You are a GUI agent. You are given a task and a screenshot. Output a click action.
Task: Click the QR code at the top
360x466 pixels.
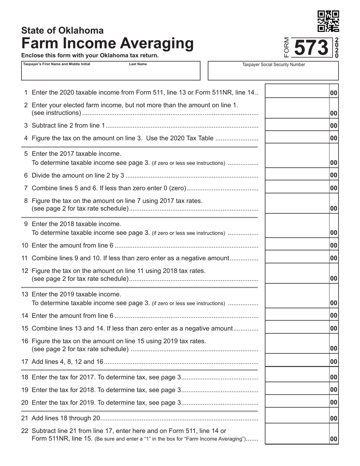[x=328, y=21]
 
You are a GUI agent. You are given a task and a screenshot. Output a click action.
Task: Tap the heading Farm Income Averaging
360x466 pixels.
[x=107, y=44]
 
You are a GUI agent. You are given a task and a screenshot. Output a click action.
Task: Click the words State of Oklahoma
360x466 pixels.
[x=62, y=30]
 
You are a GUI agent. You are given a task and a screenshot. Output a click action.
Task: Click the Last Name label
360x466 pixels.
[x=138, y=64]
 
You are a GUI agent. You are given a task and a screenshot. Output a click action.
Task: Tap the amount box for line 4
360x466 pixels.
[x=297, y=138]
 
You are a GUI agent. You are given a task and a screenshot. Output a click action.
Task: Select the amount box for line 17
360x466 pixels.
[x=297, y=361]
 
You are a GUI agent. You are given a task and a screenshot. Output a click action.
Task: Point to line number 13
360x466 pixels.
[x=25, y=294]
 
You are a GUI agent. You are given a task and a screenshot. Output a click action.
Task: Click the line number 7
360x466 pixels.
[x=26, y=188]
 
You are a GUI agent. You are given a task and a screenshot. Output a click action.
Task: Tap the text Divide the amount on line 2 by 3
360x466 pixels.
[x=78, y=175]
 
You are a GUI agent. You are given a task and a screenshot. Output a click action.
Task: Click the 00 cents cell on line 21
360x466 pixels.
[x=333, y=418]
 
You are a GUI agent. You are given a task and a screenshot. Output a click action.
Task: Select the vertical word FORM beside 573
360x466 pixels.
[x=286, y=48]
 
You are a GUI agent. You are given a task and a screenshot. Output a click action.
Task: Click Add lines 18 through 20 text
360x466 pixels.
[x=66, y=418]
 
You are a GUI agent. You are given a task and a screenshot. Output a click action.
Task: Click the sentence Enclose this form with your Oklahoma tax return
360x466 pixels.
[x=90, y=55]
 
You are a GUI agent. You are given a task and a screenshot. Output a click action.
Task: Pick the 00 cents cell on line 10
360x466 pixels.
[x=333, y=245]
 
